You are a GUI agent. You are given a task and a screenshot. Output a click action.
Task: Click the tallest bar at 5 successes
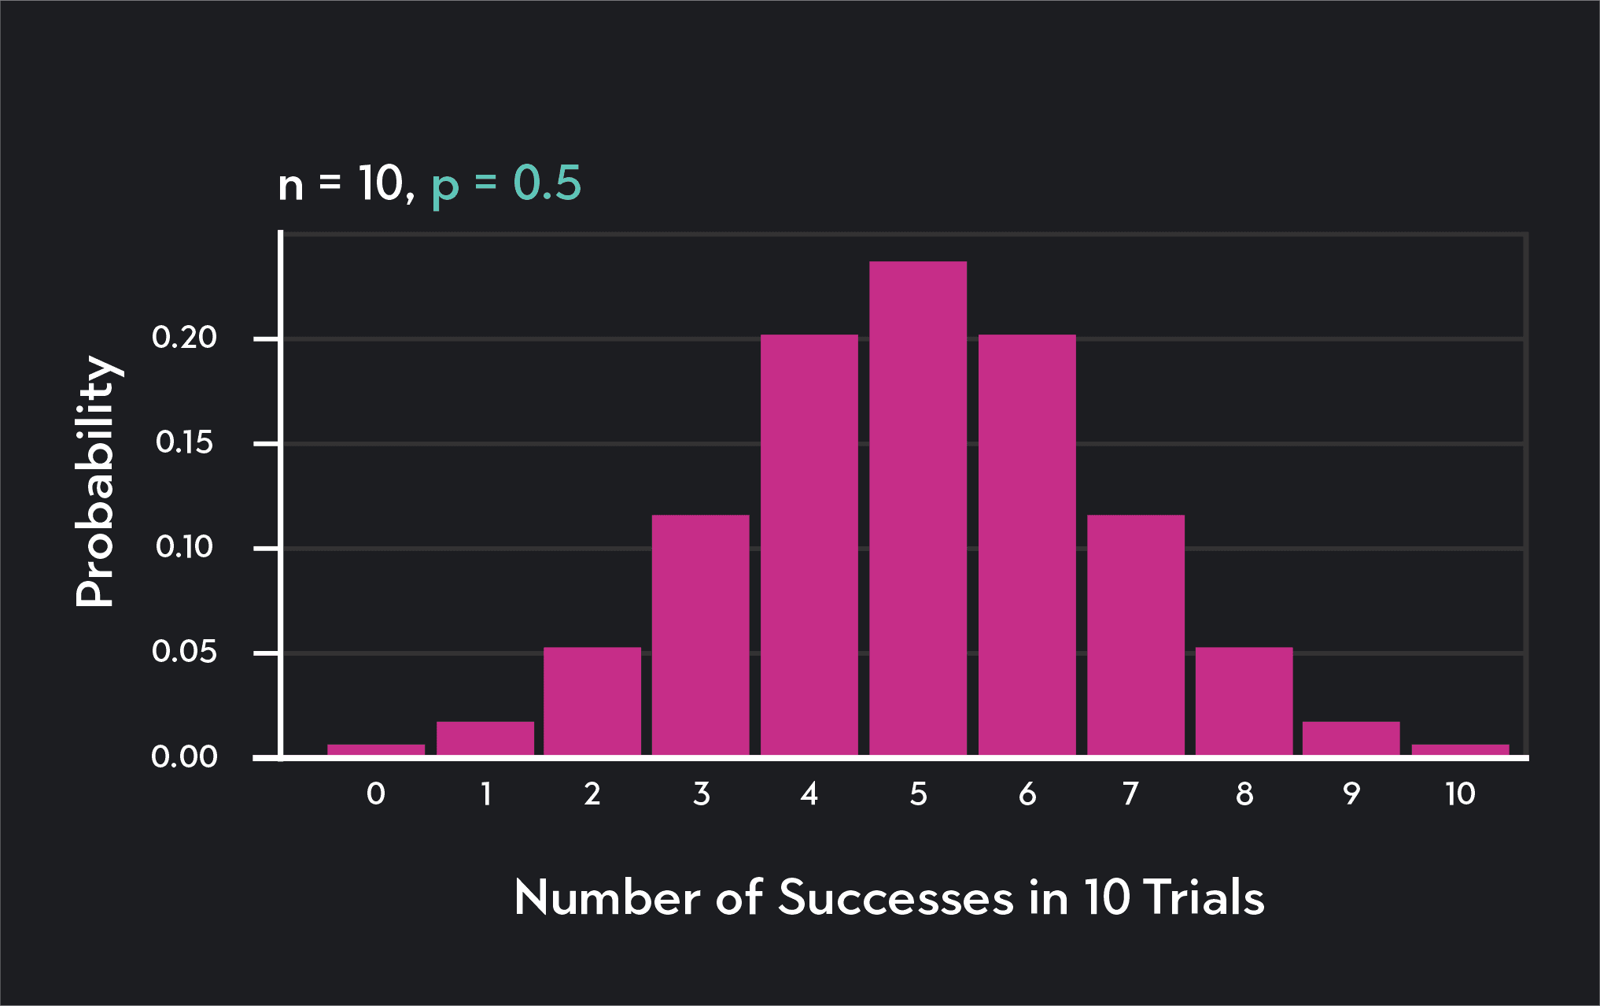click(x=918, y=508)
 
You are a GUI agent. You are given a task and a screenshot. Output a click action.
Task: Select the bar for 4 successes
click(x=809, y=545)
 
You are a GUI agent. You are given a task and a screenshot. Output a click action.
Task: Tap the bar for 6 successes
click(x=1027, y=545)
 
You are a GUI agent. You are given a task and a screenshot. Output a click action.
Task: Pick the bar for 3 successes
click(x=700, y=634)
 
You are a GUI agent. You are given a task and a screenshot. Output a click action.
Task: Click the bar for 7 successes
click(x=1135, y=634)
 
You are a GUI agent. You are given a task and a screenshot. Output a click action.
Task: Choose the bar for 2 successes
click(x=592, y=701)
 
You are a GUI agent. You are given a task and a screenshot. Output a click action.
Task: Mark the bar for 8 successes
click(x=1244, y=701)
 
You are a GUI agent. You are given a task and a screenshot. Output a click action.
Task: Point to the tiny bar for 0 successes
click(x=376, y=749)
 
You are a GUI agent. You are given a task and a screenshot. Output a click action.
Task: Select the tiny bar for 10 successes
click(x=1460, y=749)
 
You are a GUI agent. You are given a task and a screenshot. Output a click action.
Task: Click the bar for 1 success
click(x=485, y=738)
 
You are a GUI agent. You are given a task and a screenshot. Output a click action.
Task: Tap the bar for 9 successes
click(x=1351, y=738)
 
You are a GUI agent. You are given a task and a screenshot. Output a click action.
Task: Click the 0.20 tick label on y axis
click(x=184, y=338)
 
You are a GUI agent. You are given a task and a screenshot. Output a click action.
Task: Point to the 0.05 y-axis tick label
click(x=184, y=652)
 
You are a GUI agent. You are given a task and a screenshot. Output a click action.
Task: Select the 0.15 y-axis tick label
click(x=184, y=442)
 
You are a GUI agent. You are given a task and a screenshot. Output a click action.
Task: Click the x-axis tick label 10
click(x=1460, y=793)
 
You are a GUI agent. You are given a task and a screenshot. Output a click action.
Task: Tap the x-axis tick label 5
click(x=918, y=793)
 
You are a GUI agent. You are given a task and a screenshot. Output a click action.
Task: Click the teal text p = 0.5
click(x=506, y=184)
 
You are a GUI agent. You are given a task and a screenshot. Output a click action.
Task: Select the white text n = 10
click(x=345, y=184)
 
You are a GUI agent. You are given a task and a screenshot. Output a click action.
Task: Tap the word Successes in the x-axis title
click(x=895, y=897)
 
